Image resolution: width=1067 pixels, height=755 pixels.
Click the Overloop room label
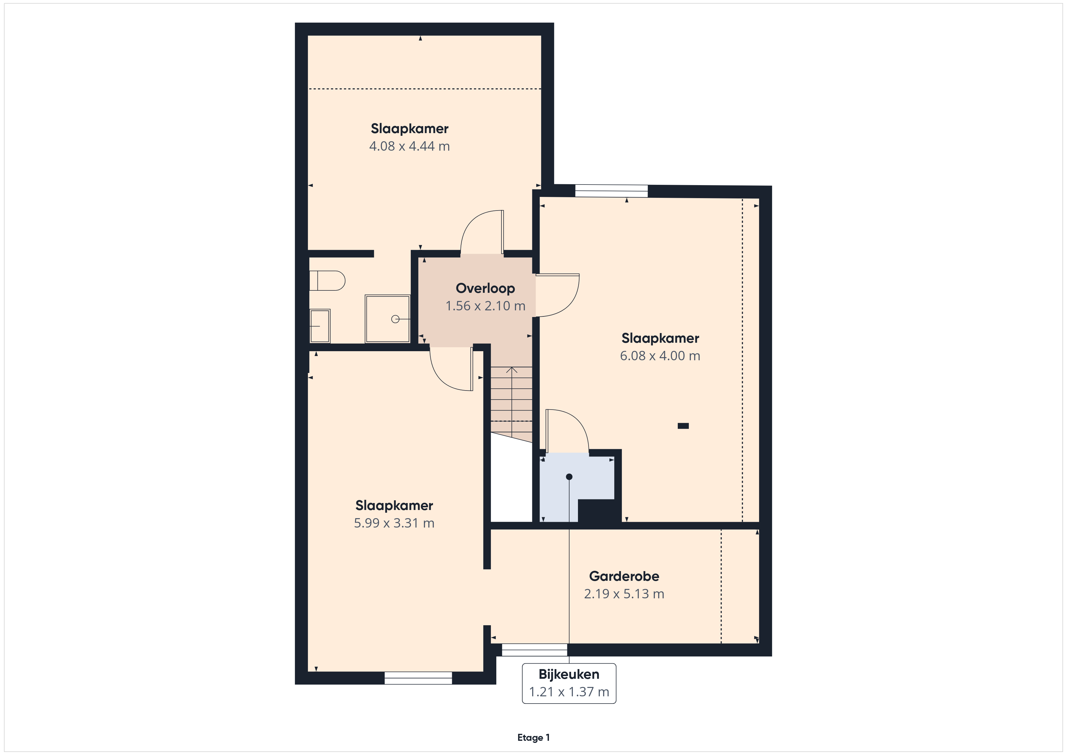(485, 288)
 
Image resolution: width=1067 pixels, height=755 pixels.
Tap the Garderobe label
(624, 577)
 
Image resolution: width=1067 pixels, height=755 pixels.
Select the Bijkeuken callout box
(569, 683)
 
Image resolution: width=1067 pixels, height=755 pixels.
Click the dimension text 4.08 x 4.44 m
(410, 146)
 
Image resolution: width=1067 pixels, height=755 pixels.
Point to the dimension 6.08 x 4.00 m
(660, 356)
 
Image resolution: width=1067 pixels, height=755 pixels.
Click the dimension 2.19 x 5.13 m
(624, 594)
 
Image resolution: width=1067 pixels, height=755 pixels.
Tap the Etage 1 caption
(533, 737)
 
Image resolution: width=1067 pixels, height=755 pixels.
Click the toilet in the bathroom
(327, 281)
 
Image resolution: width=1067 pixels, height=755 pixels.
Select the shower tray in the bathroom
(388, 319)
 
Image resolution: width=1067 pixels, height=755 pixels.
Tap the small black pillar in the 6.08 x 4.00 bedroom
(683, 426)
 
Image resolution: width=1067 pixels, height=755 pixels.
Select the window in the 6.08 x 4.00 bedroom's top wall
(612, 191)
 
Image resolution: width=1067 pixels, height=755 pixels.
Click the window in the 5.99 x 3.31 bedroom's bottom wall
(418, 678)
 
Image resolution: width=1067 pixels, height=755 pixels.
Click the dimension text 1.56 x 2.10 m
(485, 306)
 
